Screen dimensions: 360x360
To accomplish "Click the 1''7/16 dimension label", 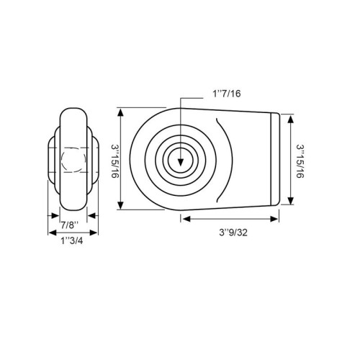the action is point(226,94).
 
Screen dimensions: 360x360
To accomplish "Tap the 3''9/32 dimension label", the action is point(233,233).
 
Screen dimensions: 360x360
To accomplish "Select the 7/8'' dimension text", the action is point(70,225).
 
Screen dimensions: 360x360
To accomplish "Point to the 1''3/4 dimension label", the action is point(72,240).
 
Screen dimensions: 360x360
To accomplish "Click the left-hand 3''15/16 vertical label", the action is point(115,161).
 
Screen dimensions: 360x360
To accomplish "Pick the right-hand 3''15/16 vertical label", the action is point(300,161).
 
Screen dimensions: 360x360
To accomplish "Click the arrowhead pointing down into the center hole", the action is point(181,163).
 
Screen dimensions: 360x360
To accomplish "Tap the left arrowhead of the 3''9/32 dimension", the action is point(186,219).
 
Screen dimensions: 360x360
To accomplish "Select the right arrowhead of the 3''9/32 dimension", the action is point(274,219).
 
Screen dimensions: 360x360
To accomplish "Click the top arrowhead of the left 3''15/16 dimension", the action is point(121,112).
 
